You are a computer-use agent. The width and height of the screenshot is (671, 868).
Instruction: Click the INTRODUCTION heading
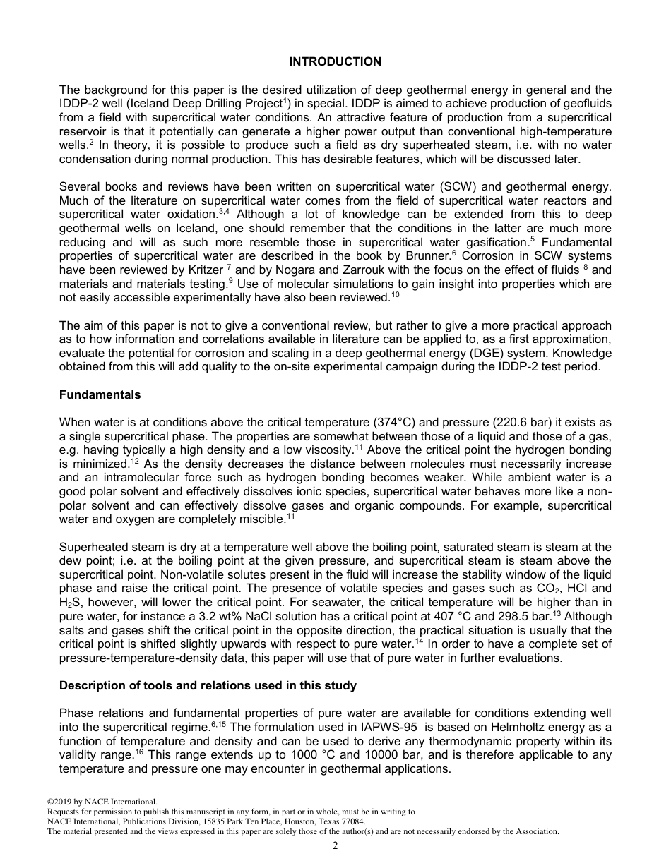pyautogui.click(x=335, y=62)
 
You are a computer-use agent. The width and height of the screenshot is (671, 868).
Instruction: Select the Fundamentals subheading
pyautogui.click(x=100, y=394)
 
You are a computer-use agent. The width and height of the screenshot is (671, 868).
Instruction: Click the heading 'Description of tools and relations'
pyautogui.click(x=208, y=685)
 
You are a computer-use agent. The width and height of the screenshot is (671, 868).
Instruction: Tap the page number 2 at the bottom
pyautogui.click(x=335, y=846)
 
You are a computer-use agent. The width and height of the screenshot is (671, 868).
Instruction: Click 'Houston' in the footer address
pyautogui.click(x=292, y=821)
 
